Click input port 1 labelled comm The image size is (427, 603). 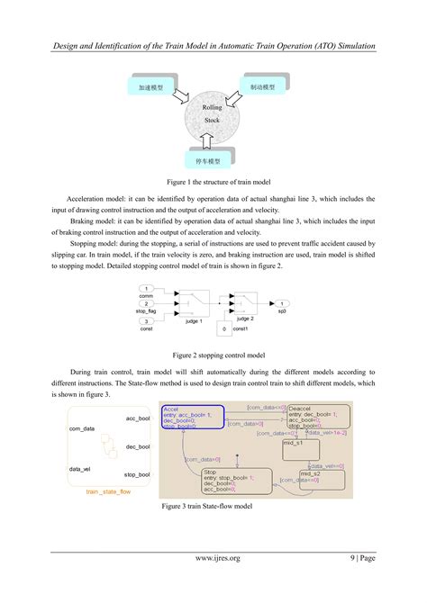point(146,289)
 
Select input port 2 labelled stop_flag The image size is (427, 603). point(146,303)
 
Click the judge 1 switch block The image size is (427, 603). point(194,301)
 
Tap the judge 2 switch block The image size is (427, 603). point(245,301)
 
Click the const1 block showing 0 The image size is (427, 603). point(224,329)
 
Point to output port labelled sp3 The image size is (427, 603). point(282,303)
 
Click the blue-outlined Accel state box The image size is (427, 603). point(192,415)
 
